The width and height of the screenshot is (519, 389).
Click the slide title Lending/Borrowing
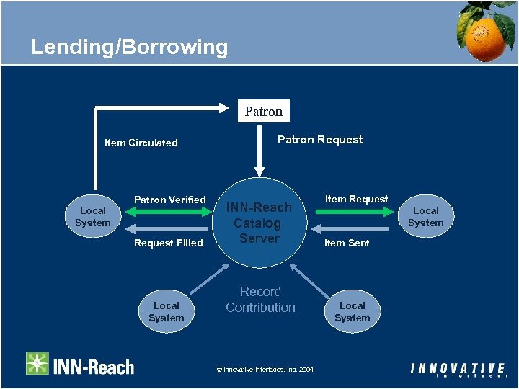click(129, 48)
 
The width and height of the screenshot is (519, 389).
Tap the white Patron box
click(263, 111)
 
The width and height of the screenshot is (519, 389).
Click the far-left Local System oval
click(93, 217)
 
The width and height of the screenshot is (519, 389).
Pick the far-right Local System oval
click(425, 217)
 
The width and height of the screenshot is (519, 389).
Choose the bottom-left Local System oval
click(167, 312)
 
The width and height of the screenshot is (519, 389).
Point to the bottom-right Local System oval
click(352, 312)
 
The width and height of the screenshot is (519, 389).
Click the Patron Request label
click(320, 140)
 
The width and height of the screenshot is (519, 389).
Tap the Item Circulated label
click(141, 143)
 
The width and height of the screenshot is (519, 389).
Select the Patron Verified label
click(170, 200)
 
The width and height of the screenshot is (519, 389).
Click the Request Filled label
click(169, 243)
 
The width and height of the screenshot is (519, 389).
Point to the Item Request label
click(356, 199)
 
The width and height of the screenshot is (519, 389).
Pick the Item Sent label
click(347, 243)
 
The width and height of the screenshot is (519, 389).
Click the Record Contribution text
click(260, 300)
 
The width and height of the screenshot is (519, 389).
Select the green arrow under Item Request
click(355, 212)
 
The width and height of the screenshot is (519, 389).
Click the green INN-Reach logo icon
click(37, 364)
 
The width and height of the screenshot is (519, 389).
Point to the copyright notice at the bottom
click(265, 370)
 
